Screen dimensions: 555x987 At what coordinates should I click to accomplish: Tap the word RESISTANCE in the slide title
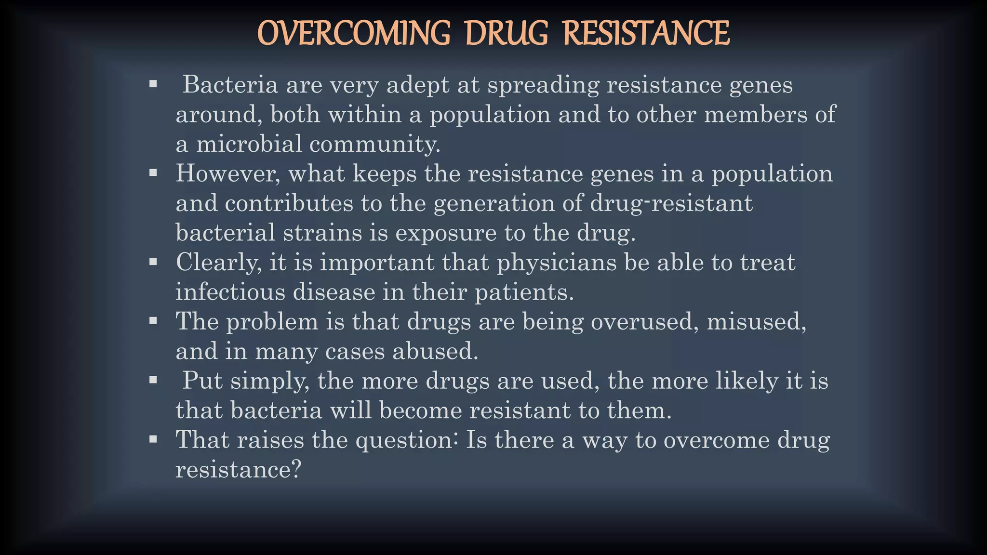pyautogui.click(x=646, y=33)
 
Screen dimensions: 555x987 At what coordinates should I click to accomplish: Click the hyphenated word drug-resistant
pyautogui.click(x=671, y=203)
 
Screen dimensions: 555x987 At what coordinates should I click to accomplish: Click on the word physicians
pyautogui.click(x=556, y=263)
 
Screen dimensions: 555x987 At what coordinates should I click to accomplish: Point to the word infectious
pyautogui.click(x=230, y=292)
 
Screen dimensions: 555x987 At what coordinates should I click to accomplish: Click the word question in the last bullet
pyautogui.click(x=407, y=440)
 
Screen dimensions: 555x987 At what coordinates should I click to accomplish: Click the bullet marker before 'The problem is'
pyautogui.click(x=153, y=321)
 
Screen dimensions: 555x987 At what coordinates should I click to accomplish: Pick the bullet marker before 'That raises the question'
pyautogui.click(x=153, y=439)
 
